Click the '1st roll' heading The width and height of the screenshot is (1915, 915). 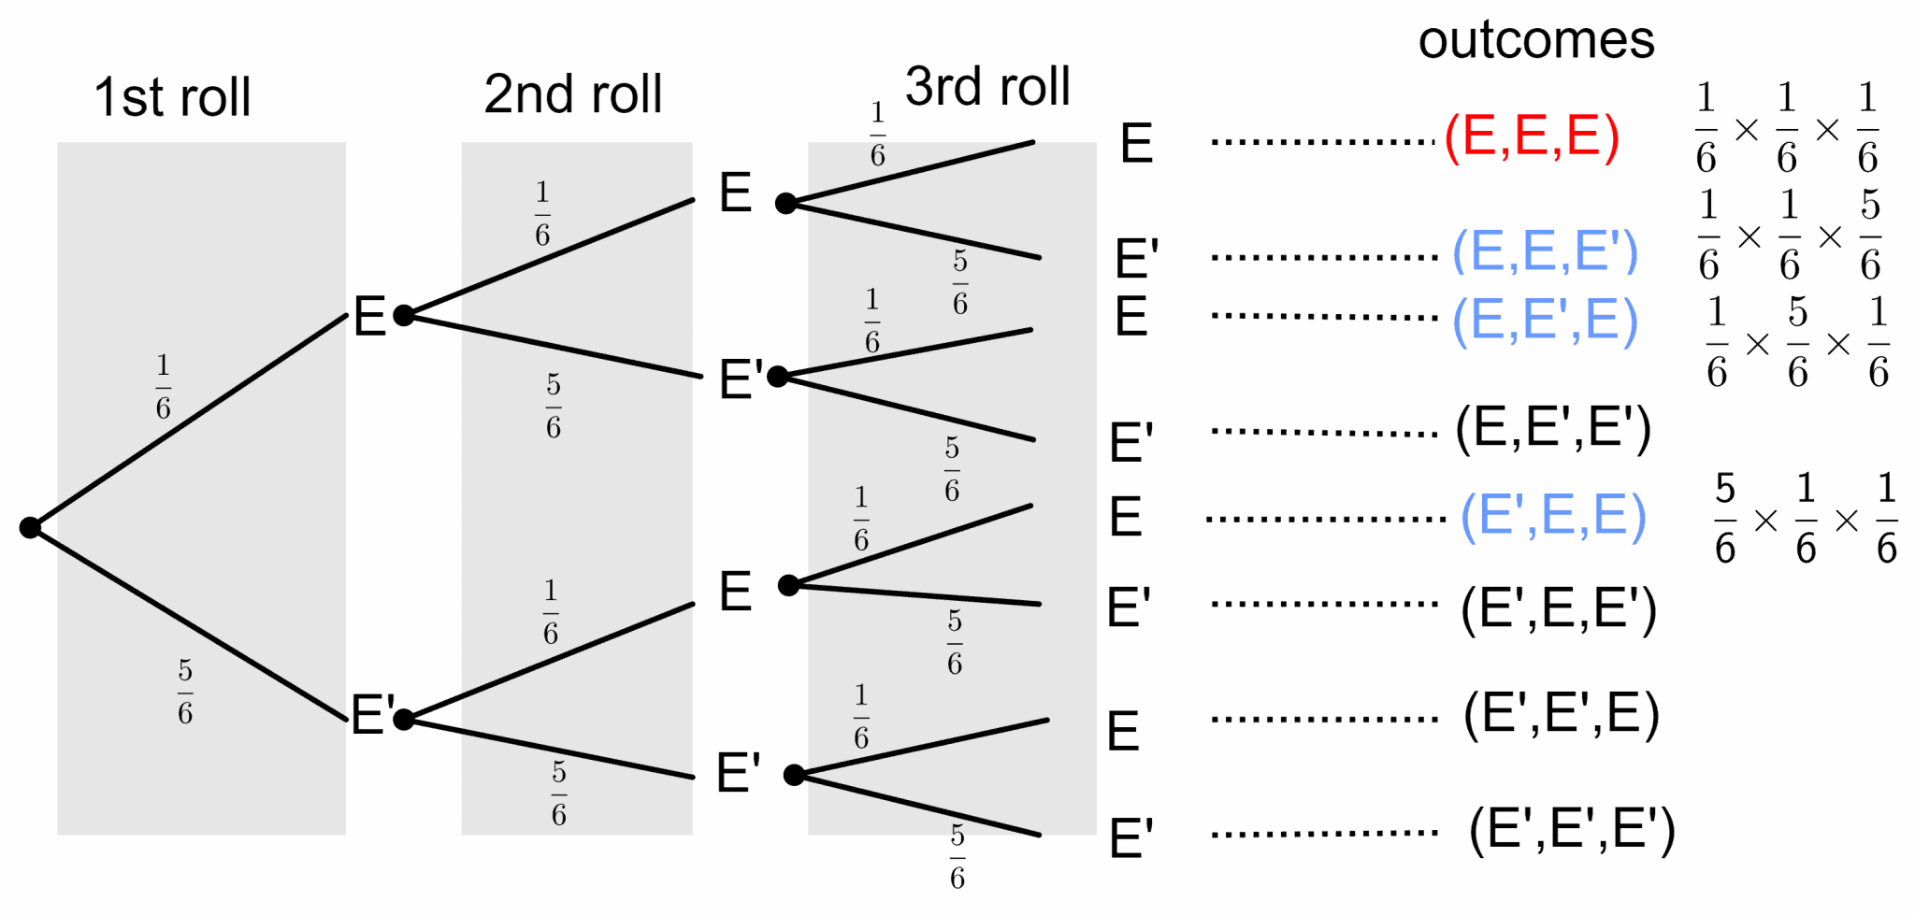173,97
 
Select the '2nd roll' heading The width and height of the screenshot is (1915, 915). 572,94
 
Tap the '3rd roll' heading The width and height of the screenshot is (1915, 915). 986,87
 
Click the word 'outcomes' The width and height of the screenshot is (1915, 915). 1535,40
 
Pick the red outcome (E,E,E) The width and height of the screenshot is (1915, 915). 1532,137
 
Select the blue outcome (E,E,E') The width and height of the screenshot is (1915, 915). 1545,251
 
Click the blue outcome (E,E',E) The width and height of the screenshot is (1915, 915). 1545,321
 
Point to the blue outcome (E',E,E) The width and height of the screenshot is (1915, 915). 1552,516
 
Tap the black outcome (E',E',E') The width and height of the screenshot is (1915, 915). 1571,830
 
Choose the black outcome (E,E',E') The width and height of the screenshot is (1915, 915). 1552,429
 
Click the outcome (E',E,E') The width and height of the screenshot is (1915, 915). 1558,609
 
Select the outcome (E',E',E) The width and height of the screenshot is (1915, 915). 1561,714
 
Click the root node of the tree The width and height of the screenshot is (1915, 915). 30,528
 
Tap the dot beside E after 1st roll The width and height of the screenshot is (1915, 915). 404,316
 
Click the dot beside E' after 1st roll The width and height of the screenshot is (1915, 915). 404,720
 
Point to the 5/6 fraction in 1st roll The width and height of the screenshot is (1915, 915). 185,693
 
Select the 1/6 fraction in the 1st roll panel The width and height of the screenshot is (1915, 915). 164,386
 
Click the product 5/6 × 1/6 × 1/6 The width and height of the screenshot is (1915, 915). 1805,520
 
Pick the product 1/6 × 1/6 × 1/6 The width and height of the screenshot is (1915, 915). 1786,129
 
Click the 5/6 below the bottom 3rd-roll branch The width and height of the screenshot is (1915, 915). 957,856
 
